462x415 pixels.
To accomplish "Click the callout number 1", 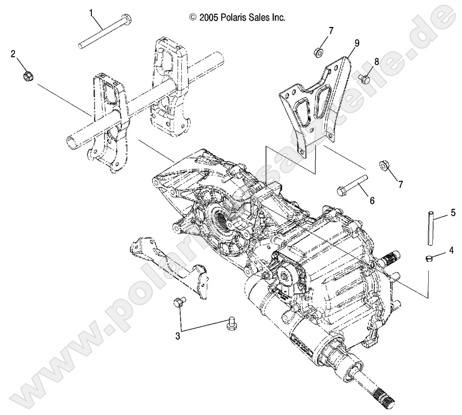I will [x=90, y=12].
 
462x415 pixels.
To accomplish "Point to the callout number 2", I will [x=13, y=54].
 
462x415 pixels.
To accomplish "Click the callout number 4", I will [x=450, y=251].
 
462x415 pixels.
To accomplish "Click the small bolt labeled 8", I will [x=364, y=79].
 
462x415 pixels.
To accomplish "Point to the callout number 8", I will [x=376, y=62].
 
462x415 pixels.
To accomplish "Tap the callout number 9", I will [x=357, y=43].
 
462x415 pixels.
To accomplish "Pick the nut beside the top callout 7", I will [x=319, y=52].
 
